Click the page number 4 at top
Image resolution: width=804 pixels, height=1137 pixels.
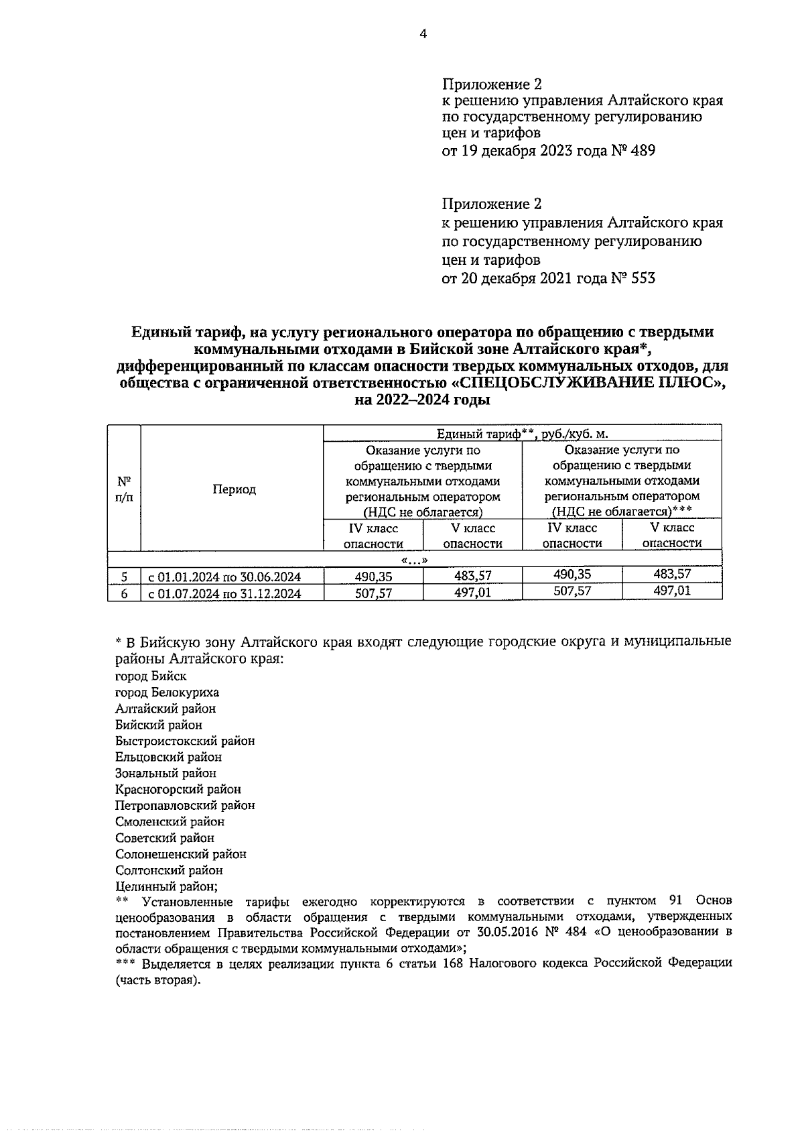pos(423,34)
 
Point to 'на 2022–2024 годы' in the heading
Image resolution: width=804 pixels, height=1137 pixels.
pos(423,401)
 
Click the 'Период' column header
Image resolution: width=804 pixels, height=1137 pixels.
pos(234,489)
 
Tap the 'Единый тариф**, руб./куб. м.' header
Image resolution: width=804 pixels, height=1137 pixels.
pos(522,434)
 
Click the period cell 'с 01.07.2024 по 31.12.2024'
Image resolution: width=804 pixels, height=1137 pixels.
pos(224,593)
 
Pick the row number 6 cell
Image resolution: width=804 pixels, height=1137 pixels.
pos(124,593)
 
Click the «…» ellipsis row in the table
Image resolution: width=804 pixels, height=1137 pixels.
pos(414,560)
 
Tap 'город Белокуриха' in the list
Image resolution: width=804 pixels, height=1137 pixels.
pos(167,693)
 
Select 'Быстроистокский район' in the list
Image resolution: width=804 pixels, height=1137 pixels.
pos(185,741)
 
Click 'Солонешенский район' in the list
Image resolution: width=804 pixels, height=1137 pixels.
pos(181,854)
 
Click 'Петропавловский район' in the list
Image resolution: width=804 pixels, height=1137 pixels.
pos(185,805)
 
